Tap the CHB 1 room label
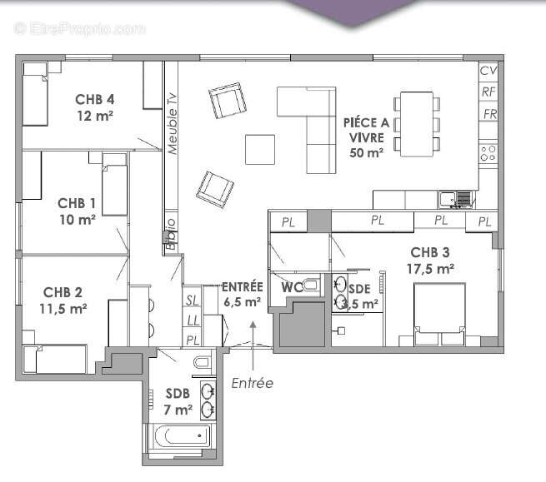click(x=77, y=211)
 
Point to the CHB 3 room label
click(x=430, y=261)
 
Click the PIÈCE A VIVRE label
click(x=366, y=137)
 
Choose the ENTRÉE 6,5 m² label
click(x=242, y=295)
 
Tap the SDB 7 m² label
click(x=179, y=401)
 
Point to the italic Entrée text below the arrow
click(x=251, y=383)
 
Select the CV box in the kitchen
click(x=488, y=71)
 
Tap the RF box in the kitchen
click(x=488, y=92)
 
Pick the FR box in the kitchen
click(x=489, y=113)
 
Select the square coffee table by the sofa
click(x=259, y=149)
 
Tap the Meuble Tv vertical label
click(x=172, y=123)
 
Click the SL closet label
click(x=191, y=300)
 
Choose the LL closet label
click(x=191, y=320)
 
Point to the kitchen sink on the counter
click(x=448, y=198)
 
